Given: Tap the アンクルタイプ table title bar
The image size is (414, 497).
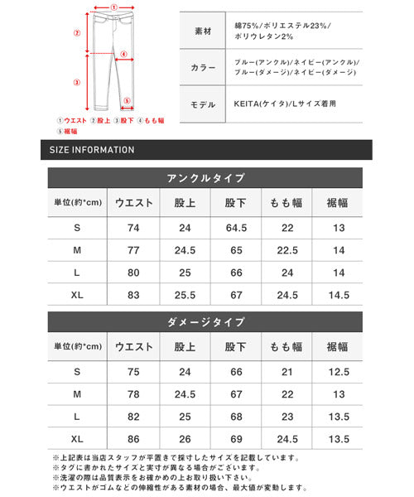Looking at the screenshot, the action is click(x=206, y=178).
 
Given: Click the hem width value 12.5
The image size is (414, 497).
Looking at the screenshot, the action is click(x=338, y=371).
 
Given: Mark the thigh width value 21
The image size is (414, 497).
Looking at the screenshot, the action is click(x=286, y=371).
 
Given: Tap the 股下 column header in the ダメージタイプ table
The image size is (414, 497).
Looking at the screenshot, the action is click(x=234, y=347).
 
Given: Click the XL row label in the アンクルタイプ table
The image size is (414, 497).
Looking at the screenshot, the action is click(x=77, y=294).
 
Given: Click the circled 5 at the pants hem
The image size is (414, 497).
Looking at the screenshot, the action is click(x=128, y=104).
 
